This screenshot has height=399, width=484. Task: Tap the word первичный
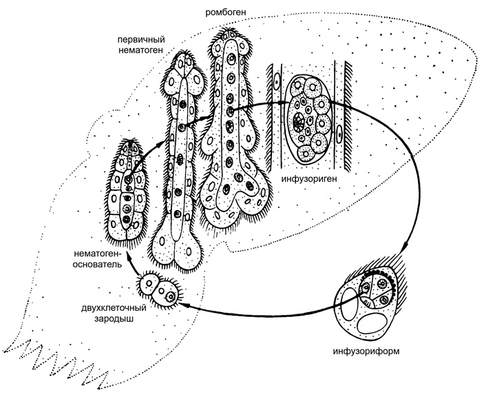[x=141, y=40]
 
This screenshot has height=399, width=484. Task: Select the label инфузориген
[x=308, y=179]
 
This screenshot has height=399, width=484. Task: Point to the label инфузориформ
[x=366, y=351]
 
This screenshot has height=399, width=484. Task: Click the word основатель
[x=97, y=265]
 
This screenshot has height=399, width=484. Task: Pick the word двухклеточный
[x=114, y=309]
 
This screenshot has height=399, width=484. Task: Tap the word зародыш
[x=114, y=319]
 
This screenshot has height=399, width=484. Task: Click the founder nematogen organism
[x=127, y=191]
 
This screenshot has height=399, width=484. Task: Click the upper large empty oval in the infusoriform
[x=348, y=303]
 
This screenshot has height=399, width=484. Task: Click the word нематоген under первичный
[x=140, y=50]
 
